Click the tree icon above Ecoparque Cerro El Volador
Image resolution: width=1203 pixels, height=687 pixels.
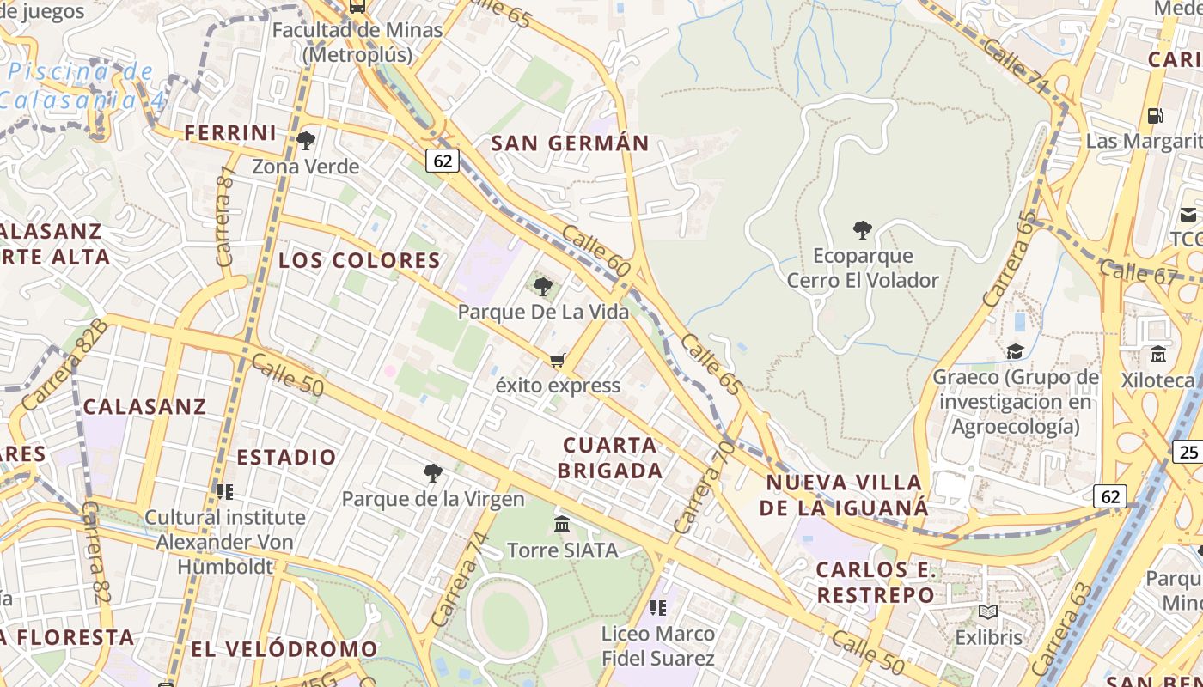863,229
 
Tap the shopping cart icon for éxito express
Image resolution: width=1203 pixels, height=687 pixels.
558,360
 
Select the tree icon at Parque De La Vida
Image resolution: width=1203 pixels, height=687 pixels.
542,286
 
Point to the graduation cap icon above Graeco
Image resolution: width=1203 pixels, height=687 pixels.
1015,351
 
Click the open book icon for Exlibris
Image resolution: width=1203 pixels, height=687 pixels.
988,611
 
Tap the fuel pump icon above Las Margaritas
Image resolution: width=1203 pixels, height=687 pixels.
1156,115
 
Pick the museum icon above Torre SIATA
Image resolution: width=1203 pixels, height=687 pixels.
562,524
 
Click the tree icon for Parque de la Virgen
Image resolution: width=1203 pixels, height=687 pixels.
433,472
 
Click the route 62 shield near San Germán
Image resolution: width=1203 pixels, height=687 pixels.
443,161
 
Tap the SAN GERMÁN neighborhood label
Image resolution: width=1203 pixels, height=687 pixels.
570,143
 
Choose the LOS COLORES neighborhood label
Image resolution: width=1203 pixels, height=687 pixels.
359,260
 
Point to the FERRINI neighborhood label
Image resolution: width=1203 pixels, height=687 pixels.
230,133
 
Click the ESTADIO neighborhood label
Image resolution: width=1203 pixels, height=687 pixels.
286,457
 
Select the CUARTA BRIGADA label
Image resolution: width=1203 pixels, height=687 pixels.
610,458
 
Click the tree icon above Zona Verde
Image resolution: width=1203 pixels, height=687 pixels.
306,140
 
